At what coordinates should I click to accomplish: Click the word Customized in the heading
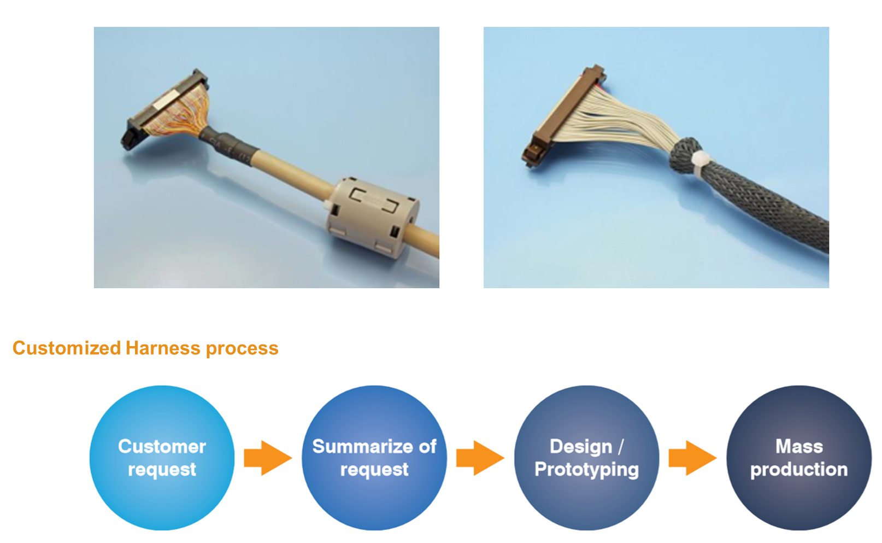click(67, 348)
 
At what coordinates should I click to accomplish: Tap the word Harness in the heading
click(163, 348)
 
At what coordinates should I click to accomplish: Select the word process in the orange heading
click(242, 349)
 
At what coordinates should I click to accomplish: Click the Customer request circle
click(162, 458)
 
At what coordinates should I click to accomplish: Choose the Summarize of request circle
click(374, 458)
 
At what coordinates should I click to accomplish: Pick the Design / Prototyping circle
click(587, 458)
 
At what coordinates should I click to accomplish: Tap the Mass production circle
click(799, 458)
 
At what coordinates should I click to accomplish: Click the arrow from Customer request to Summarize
click(268, 458)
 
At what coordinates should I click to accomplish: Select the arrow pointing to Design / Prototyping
click(480, 458)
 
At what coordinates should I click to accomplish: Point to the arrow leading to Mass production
click(692, 458)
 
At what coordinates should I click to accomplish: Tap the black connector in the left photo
click(161, 110)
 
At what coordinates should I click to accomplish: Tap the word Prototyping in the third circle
click(587, 470)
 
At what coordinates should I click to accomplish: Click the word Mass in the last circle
click(799, 446)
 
